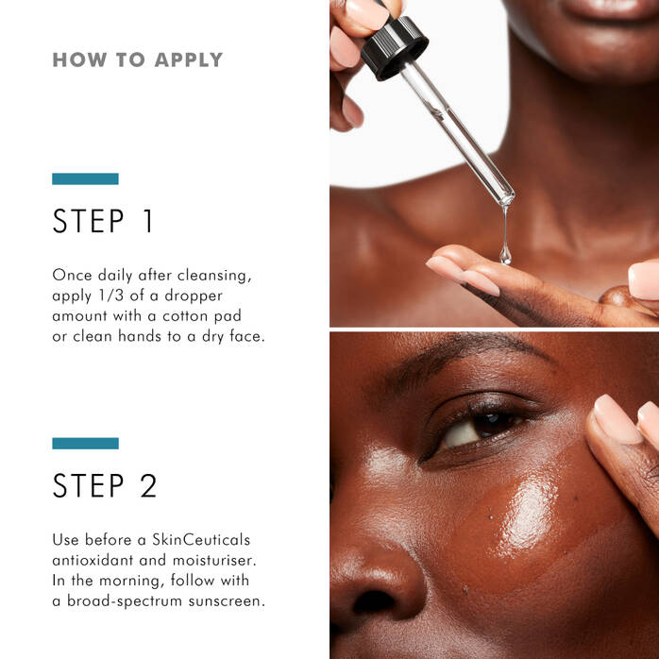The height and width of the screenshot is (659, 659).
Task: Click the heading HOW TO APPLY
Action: (137, 60)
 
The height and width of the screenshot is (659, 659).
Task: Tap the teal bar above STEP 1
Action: (85, 178)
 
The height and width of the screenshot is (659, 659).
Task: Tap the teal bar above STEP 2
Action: (85, 443)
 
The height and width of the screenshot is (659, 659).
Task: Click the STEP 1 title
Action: (103, 221)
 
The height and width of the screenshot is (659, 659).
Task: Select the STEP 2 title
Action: (105, 485)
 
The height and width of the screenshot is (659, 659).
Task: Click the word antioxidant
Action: (94, 560)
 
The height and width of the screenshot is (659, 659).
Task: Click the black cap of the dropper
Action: (394, 46)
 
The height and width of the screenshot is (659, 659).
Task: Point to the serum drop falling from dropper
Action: (505, 253)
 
